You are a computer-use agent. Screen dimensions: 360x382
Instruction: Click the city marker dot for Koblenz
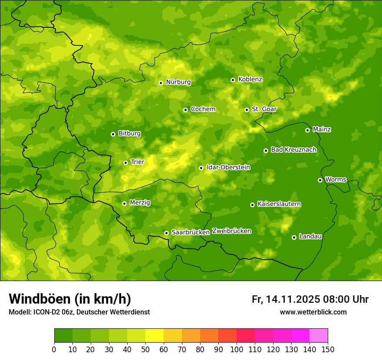pos(233,80)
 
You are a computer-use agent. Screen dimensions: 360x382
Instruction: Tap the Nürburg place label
pos(178,82)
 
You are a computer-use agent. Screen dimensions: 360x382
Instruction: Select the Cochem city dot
pos(185,110)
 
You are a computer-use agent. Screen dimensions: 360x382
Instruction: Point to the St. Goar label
pos(264,109)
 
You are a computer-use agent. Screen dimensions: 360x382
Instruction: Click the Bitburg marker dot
pos(113,134)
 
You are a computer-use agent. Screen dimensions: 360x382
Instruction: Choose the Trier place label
pos(137,162)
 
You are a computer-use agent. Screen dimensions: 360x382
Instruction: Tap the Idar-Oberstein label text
pos(228,167)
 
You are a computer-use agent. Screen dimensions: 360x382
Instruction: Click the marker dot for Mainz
pos(307,130)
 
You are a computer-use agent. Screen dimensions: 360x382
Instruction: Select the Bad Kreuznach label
pos(293,150)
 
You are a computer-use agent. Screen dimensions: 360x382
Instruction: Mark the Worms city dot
pos(320,180)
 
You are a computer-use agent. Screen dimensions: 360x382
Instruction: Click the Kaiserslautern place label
pos(279,204)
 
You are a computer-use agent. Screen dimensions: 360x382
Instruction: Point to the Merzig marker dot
pos(124,203)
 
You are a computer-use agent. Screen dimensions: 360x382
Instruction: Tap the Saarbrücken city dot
pos(166,233)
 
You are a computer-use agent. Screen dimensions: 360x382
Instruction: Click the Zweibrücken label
pos(231,231)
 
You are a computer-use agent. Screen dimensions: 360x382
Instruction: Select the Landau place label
pos(310,236)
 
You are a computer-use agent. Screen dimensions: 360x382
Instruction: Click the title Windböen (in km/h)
pos(70,299)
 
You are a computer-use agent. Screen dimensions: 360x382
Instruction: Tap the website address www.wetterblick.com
pos(313,312)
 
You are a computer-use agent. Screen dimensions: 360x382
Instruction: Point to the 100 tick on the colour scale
pos(237,349)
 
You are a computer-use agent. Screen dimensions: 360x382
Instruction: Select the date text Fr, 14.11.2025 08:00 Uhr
pos(310,299)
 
